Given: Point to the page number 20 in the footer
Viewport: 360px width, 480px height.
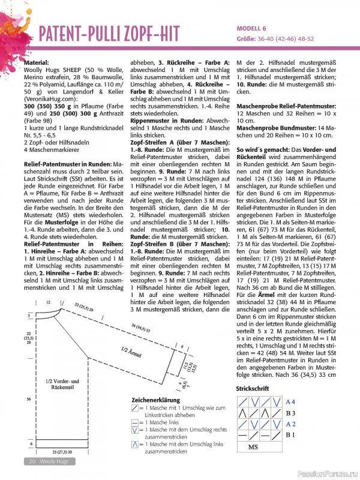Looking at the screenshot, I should (31, 461).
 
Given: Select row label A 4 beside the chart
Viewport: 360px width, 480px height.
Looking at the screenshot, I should (291, 401).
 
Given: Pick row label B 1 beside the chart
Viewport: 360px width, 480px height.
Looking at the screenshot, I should (290, 434).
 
